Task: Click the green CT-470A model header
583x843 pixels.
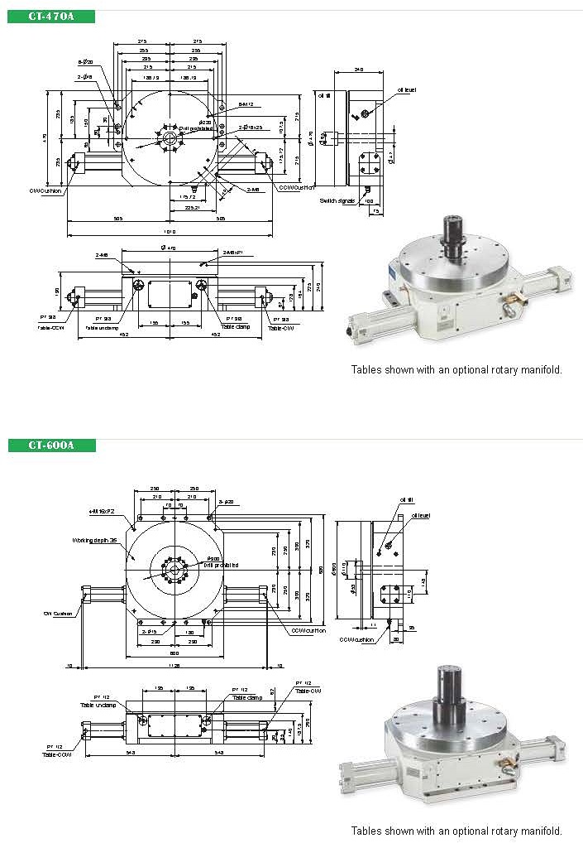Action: [x=51, y=17]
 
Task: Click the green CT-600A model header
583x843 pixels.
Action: [x=51, y=446]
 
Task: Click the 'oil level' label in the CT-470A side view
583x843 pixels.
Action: [x=409, y=90]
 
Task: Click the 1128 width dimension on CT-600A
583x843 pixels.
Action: [x=171, y=664]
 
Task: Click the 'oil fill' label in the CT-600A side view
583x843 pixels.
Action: [x=405, y=500]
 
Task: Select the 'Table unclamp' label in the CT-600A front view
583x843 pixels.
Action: [x=98, y=705]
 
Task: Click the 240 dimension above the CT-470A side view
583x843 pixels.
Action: [x=358, y=70]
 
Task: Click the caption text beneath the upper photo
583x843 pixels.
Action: [x=456, y=370]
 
